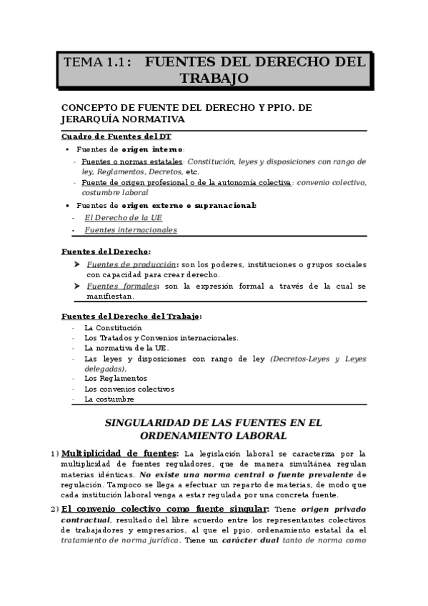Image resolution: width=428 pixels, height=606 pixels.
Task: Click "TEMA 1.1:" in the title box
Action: (98, 62)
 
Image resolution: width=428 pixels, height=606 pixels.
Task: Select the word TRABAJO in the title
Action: (214, 77)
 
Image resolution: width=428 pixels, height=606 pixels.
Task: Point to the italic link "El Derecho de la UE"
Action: (118, 217)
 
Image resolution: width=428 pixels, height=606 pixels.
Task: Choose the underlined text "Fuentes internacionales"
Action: (131, 230)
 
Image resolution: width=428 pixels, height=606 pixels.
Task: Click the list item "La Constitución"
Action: (113, 327)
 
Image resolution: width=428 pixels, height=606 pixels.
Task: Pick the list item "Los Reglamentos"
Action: (116, 378)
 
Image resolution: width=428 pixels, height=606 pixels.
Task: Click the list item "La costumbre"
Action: (109, 399)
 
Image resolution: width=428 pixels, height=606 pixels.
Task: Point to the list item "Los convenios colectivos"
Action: (129, 389)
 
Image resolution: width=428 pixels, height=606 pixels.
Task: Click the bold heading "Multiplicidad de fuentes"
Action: (120, 453)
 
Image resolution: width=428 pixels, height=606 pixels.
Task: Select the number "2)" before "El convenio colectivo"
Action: (55, 509)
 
